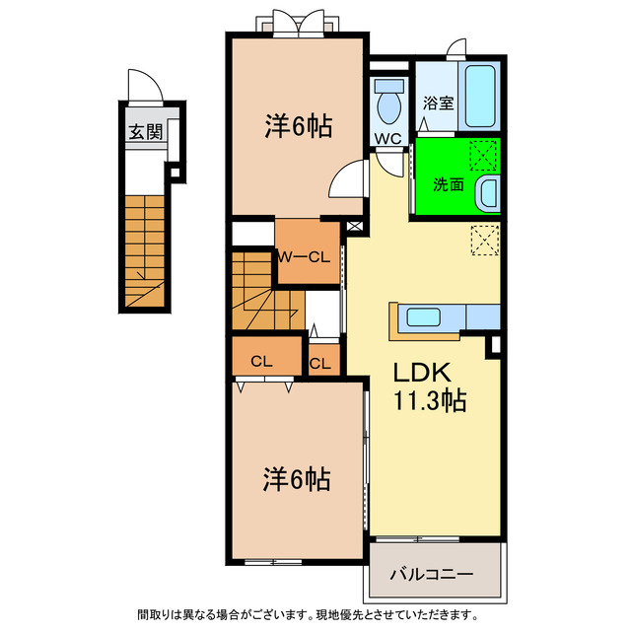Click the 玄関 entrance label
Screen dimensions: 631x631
click(x=144, y=133)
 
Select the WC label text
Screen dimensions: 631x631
click(x=387, y=139)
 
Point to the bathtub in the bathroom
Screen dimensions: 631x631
click(x=480, y=97)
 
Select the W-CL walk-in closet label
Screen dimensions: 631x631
click(x=302, y=257)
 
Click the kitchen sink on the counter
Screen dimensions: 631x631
click(x=425, y=317)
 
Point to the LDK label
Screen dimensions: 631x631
click(x=423, y=373)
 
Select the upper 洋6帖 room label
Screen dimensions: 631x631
click(x=297, y=126)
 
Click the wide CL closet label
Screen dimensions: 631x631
click(x=261, y=361)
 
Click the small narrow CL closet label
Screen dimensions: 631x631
click(x=320, y=363)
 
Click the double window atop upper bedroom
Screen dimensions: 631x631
click(x=297, y=23)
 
